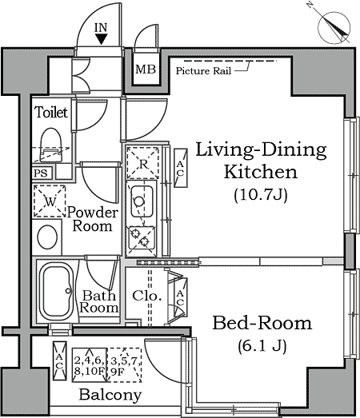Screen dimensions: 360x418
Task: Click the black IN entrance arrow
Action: coord(102,39)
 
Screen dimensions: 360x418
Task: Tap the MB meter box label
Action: coord(146,70)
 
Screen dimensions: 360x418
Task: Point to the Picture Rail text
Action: coord(203,71)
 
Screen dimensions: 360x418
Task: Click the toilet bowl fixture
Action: coord(51,145)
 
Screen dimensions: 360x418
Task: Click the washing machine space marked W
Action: coord(50,201)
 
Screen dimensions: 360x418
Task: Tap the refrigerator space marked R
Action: coord(142,162)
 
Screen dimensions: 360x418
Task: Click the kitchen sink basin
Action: coord(142,201)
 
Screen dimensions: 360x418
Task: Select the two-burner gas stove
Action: coord(141,237)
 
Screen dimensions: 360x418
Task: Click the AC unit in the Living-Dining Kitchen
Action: coord(181,168)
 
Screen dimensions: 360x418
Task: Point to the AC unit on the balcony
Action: coord(59,360)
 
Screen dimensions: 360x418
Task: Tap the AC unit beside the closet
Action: coord(181,297)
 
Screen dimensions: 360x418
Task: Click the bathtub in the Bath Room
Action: coord(56,292)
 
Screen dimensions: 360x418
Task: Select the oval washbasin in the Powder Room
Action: coord(47,237)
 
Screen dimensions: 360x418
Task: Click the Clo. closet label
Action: coord(147,296)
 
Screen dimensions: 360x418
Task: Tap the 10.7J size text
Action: coord(261,195)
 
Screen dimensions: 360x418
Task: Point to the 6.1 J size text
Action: coord(262,346)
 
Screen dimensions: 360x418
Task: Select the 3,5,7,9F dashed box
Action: coord(124,365)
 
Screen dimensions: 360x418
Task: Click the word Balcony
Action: coord(110,395)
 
